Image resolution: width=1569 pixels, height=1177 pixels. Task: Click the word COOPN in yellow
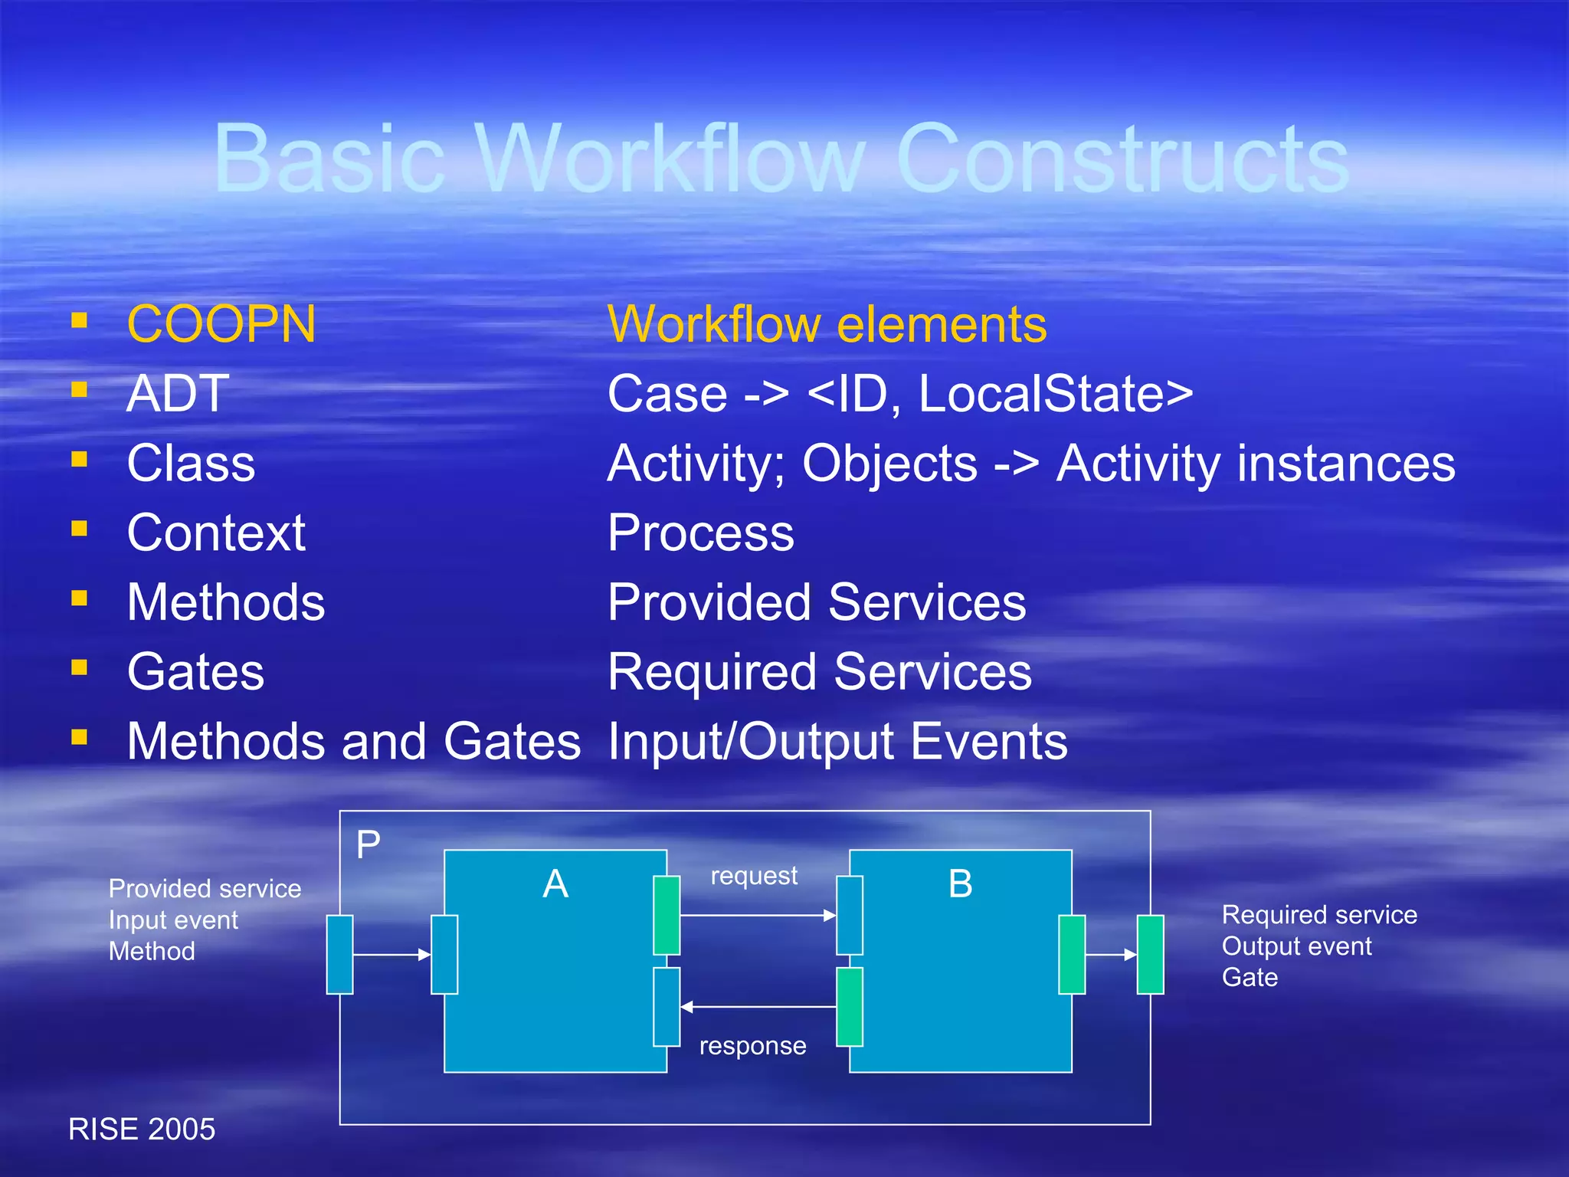(x=221, y=324)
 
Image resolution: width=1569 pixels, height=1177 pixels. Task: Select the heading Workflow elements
(x=827, y=324)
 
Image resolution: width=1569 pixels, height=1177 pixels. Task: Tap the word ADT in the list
(x=178, y=394)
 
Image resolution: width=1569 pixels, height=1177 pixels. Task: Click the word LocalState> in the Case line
(x=1055, y=394)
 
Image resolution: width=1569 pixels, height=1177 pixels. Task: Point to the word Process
(x=700, y=533)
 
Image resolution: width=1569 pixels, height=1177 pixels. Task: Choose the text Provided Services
(x=816, y=602)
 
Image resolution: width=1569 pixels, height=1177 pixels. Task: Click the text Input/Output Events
(x=837, y=742)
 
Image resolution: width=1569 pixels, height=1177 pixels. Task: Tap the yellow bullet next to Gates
(x=79, y=667)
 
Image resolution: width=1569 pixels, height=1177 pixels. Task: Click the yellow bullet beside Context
(x=79, y=529)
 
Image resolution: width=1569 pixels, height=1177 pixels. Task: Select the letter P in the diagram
(x=369, y=845)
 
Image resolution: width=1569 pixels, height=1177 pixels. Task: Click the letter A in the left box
(x=555, y=884)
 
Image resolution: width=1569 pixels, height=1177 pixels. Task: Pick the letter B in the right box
(x=960, y=884)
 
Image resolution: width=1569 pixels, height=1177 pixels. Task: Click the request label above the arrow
(x=754, y=876)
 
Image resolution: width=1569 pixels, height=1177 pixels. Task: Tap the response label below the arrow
(x=752, y=1046)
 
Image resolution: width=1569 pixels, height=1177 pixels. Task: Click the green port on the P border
(x=1150, y=955)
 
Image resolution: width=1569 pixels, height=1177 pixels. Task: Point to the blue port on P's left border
(x=339, y=955)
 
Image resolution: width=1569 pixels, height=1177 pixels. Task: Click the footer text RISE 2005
(x=142, y=1129)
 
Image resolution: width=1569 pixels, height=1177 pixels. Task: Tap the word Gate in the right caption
(x=1250, y=978)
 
